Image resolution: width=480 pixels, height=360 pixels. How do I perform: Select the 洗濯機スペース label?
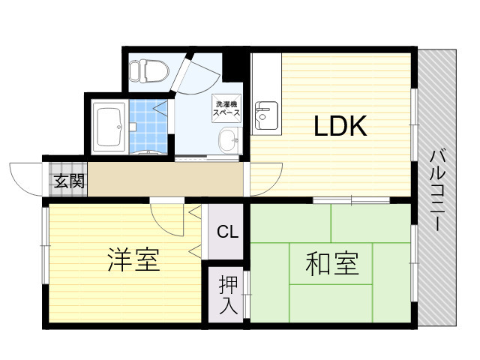pos(228,108)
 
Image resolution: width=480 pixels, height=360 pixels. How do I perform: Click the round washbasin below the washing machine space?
pos(228,139)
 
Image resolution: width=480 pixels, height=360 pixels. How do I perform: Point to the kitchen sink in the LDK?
pos(265,117)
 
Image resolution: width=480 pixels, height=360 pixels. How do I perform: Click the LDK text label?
pos(340,127)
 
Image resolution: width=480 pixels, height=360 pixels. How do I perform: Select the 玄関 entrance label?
pos(68,180)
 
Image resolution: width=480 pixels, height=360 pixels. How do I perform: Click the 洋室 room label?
pos(133,260)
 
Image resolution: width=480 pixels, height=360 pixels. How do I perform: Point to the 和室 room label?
pos(331,263)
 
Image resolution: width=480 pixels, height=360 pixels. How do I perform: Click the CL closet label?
pos(227,232)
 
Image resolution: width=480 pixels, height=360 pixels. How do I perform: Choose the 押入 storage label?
pos(228,295)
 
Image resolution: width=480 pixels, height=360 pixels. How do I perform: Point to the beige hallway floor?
pos(165,180)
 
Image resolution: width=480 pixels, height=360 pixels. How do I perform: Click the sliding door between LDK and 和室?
pos(351,200)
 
